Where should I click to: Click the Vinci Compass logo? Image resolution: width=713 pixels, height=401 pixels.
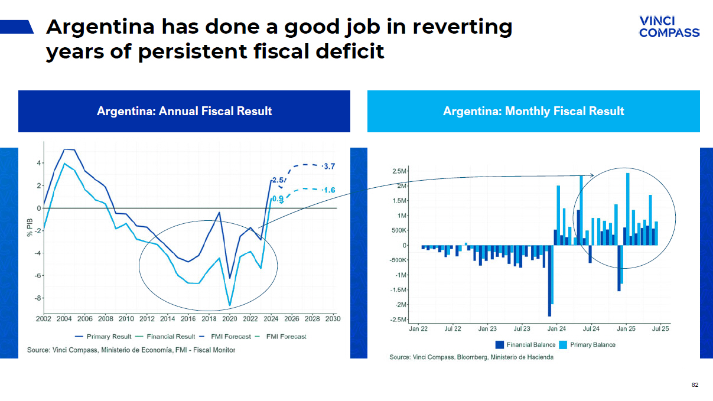coord(669,27)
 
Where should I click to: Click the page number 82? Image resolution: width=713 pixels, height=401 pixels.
coord(695,385)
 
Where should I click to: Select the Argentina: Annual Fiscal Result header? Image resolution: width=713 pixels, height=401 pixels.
coord(184,111)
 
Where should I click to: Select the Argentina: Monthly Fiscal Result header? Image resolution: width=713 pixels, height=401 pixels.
coord(533,111)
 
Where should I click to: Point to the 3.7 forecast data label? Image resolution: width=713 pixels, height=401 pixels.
coord(330,167)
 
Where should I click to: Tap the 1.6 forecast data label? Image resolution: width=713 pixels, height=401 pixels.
coord(330,190)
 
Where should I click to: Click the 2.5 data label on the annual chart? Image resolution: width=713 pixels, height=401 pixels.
coord(278,180)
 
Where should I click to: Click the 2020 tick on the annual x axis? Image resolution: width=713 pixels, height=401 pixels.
coord(229,319)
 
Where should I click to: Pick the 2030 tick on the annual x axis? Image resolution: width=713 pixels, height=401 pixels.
coord(333,319)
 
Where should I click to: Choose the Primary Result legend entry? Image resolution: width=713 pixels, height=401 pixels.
coord(106,337)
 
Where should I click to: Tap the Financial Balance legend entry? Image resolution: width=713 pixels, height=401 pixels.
coord(526,345)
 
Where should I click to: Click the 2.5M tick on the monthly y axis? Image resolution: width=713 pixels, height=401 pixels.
coord(399,171)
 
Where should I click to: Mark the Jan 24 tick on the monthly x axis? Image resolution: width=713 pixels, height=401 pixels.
coord(556,329)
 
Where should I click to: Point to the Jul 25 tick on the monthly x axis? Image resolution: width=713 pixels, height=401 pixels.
coord(660,329)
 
